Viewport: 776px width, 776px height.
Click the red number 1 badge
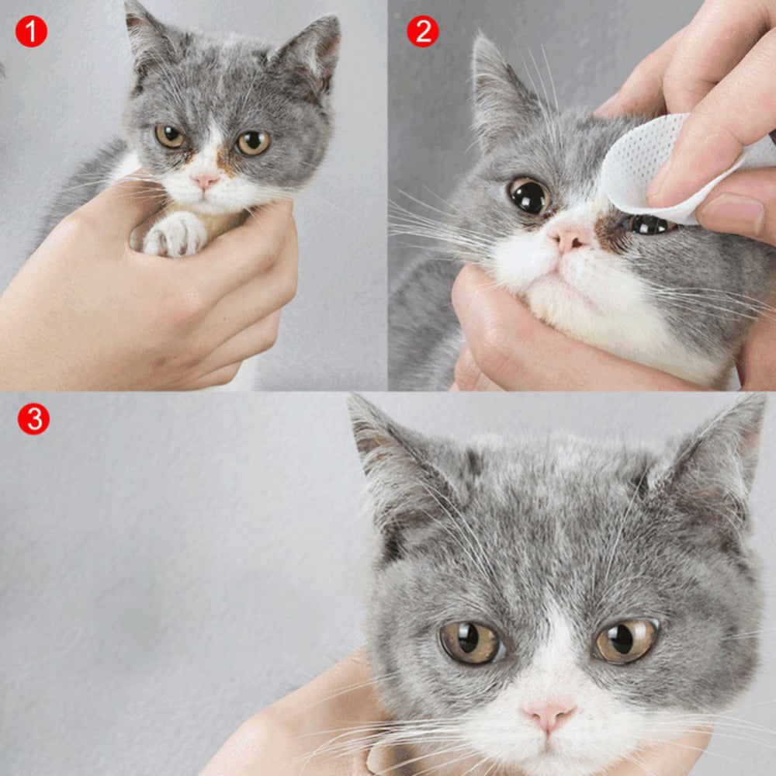click(31, 31)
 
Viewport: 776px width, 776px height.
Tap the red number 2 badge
click(423, 31)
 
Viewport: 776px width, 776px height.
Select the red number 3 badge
click(33, 419)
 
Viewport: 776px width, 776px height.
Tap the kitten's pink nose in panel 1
click(205, 181)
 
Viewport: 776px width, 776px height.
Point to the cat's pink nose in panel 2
click(569, 239)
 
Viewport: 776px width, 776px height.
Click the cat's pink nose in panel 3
click(549, 715)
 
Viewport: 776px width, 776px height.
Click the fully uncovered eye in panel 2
click(530, 196)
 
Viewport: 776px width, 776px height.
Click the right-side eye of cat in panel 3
click(626, 640)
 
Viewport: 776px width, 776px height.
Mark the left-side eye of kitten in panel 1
click(170, 136)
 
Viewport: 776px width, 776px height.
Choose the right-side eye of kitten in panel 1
click(253, 142)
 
